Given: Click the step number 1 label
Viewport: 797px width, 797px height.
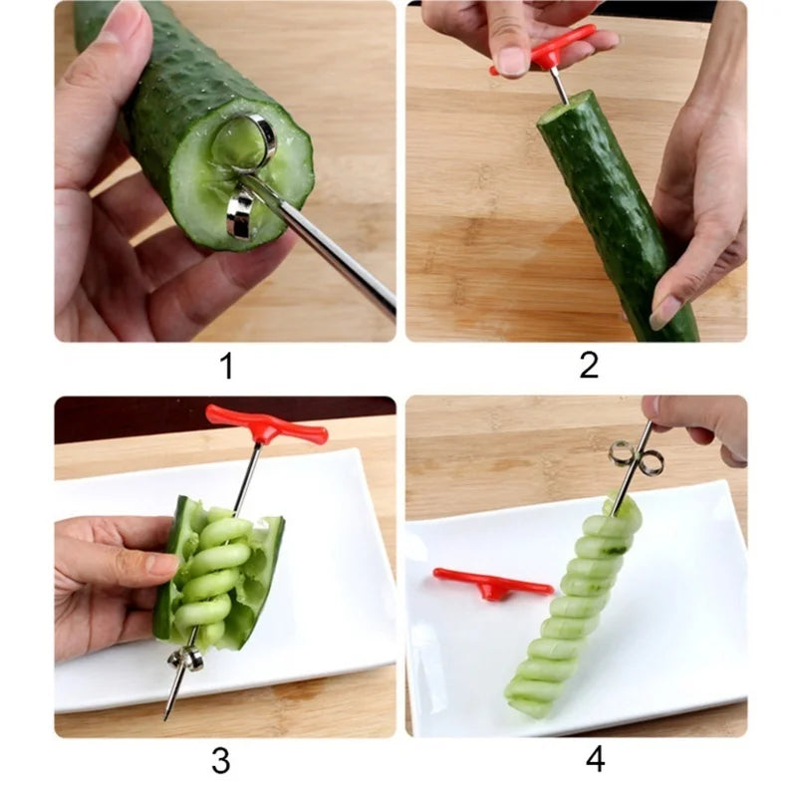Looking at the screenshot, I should tap(226, 367).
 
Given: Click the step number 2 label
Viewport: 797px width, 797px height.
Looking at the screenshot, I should tap(589, 366).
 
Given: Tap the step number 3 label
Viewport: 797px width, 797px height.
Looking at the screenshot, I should tap(221, 761).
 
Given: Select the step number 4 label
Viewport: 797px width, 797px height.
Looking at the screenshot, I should tap(595, 759).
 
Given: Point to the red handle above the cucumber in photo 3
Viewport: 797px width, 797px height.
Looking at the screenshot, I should tap(266, 425).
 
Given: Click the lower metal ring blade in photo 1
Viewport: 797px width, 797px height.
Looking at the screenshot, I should tap(240, 213).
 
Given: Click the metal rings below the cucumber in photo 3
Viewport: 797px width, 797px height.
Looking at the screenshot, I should tap(186, 658).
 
